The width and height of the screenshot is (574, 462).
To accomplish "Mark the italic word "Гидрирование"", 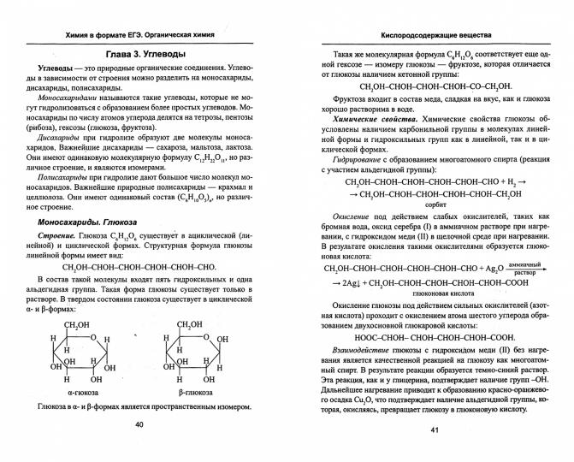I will (358, 158).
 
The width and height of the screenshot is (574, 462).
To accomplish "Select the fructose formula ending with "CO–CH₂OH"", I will (435, 86).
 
